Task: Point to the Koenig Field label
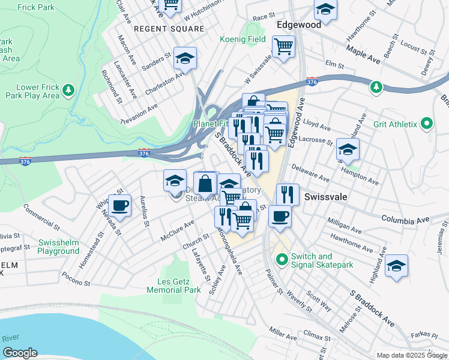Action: tap(245, 39)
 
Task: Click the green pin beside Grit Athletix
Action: tap(427, 124)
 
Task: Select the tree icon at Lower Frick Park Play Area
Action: tap(69, 90)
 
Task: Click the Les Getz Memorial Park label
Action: tap(173, 286)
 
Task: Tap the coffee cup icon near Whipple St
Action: tap(119, 204)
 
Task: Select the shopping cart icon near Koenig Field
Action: tap(283, 46)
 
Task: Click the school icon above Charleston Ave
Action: tap(185, 58)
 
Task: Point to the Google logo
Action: tap(20, 353)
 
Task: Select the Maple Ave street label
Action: tap(363, 56)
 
